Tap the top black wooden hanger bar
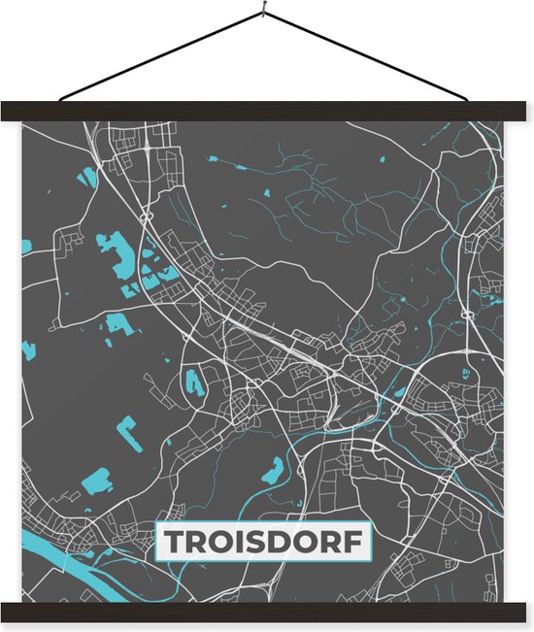click(x=267, y=111)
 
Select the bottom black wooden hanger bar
click(x=267, y=612)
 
